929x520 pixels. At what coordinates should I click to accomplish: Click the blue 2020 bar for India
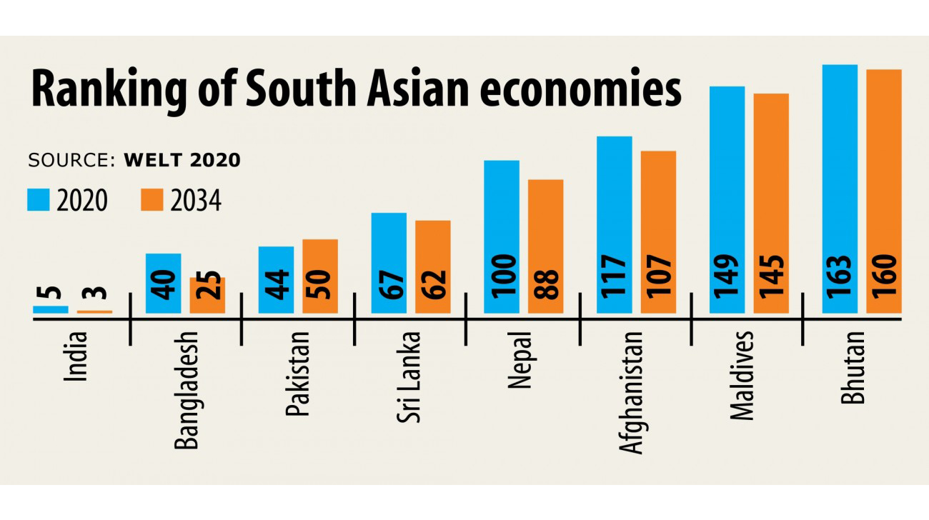pyautogui.click(x=51, y=309)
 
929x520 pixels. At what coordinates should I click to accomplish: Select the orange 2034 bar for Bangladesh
pyautogui.click(x=207, y=295)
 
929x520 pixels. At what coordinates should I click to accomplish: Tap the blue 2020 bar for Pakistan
pyautogui.click(x=277, y=280)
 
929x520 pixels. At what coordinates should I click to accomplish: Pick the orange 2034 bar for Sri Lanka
pyautogui.click(x=433, y=266)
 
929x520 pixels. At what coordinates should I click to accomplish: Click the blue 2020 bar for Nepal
pyautogui.click(x=502, y=236)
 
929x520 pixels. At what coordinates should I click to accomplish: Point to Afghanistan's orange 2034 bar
pyautogui.click(x=658, y=232)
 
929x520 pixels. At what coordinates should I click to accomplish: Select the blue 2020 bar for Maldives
pyautogui.click(x=727, y=199)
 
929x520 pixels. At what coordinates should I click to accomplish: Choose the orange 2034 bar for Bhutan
pyautogui.click(x=884, y=191)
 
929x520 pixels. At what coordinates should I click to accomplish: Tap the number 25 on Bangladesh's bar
pyautogui.click(x=207, y=294)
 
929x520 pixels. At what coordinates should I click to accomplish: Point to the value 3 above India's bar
pyautogui.click(x=95, y=295)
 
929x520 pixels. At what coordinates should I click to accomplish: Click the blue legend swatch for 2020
pyautogui.click(x=39, y=200)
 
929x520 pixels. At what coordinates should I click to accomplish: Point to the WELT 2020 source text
pyautogui.click(x=182, y=160)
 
